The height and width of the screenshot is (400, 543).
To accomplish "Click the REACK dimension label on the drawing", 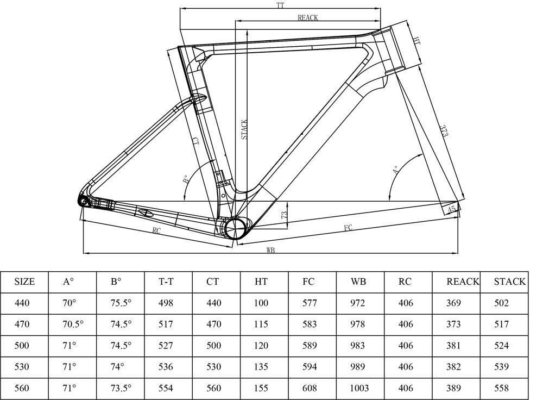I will click(307, 17).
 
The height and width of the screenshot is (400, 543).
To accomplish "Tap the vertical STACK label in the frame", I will click(244, 129).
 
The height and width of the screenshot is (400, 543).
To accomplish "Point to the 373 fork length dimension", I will click(444, 131).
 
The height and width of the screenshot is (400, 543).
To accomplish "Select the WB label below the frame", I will click(270, 251).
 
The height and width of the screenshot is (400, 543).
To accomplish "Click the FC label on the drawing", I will click(348, 228).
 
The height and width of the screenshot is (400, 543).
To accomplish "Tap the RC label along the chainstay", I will click(156, 231).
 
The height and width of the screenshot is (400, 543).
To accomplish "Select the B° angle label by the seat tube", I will click(185, 179).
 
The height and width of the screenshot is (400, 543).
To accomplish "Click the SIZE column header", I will click(24, 282).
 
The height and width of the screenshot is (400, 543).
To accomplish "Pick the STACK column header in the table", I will click(509, 282).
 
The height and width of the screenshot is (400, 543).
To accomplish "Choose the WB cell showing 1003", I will click(359, 388).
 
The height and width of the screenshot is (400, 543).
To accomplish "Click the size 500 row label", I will click(22, 346).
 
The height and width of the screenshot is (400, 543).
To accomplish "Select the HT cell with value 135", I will click(261, 367).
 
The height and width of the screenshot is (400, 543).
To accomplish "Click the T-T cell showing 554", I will click(166, 388).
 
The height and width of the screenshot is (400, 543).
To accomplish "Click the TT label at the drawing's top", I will click(280, 5).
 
